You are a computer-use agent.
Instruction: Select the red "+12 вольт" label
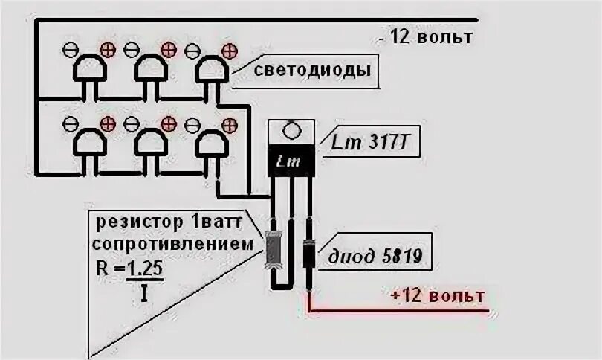click(x=437, y=296)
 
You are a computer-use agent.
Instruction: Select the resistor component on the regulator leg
click(x=274, y=247)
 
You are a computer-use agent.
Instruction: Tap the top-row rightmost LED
click(x=212, y=70)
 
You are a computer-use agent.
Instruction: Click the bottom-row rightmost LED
click(x=212, y=141)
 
